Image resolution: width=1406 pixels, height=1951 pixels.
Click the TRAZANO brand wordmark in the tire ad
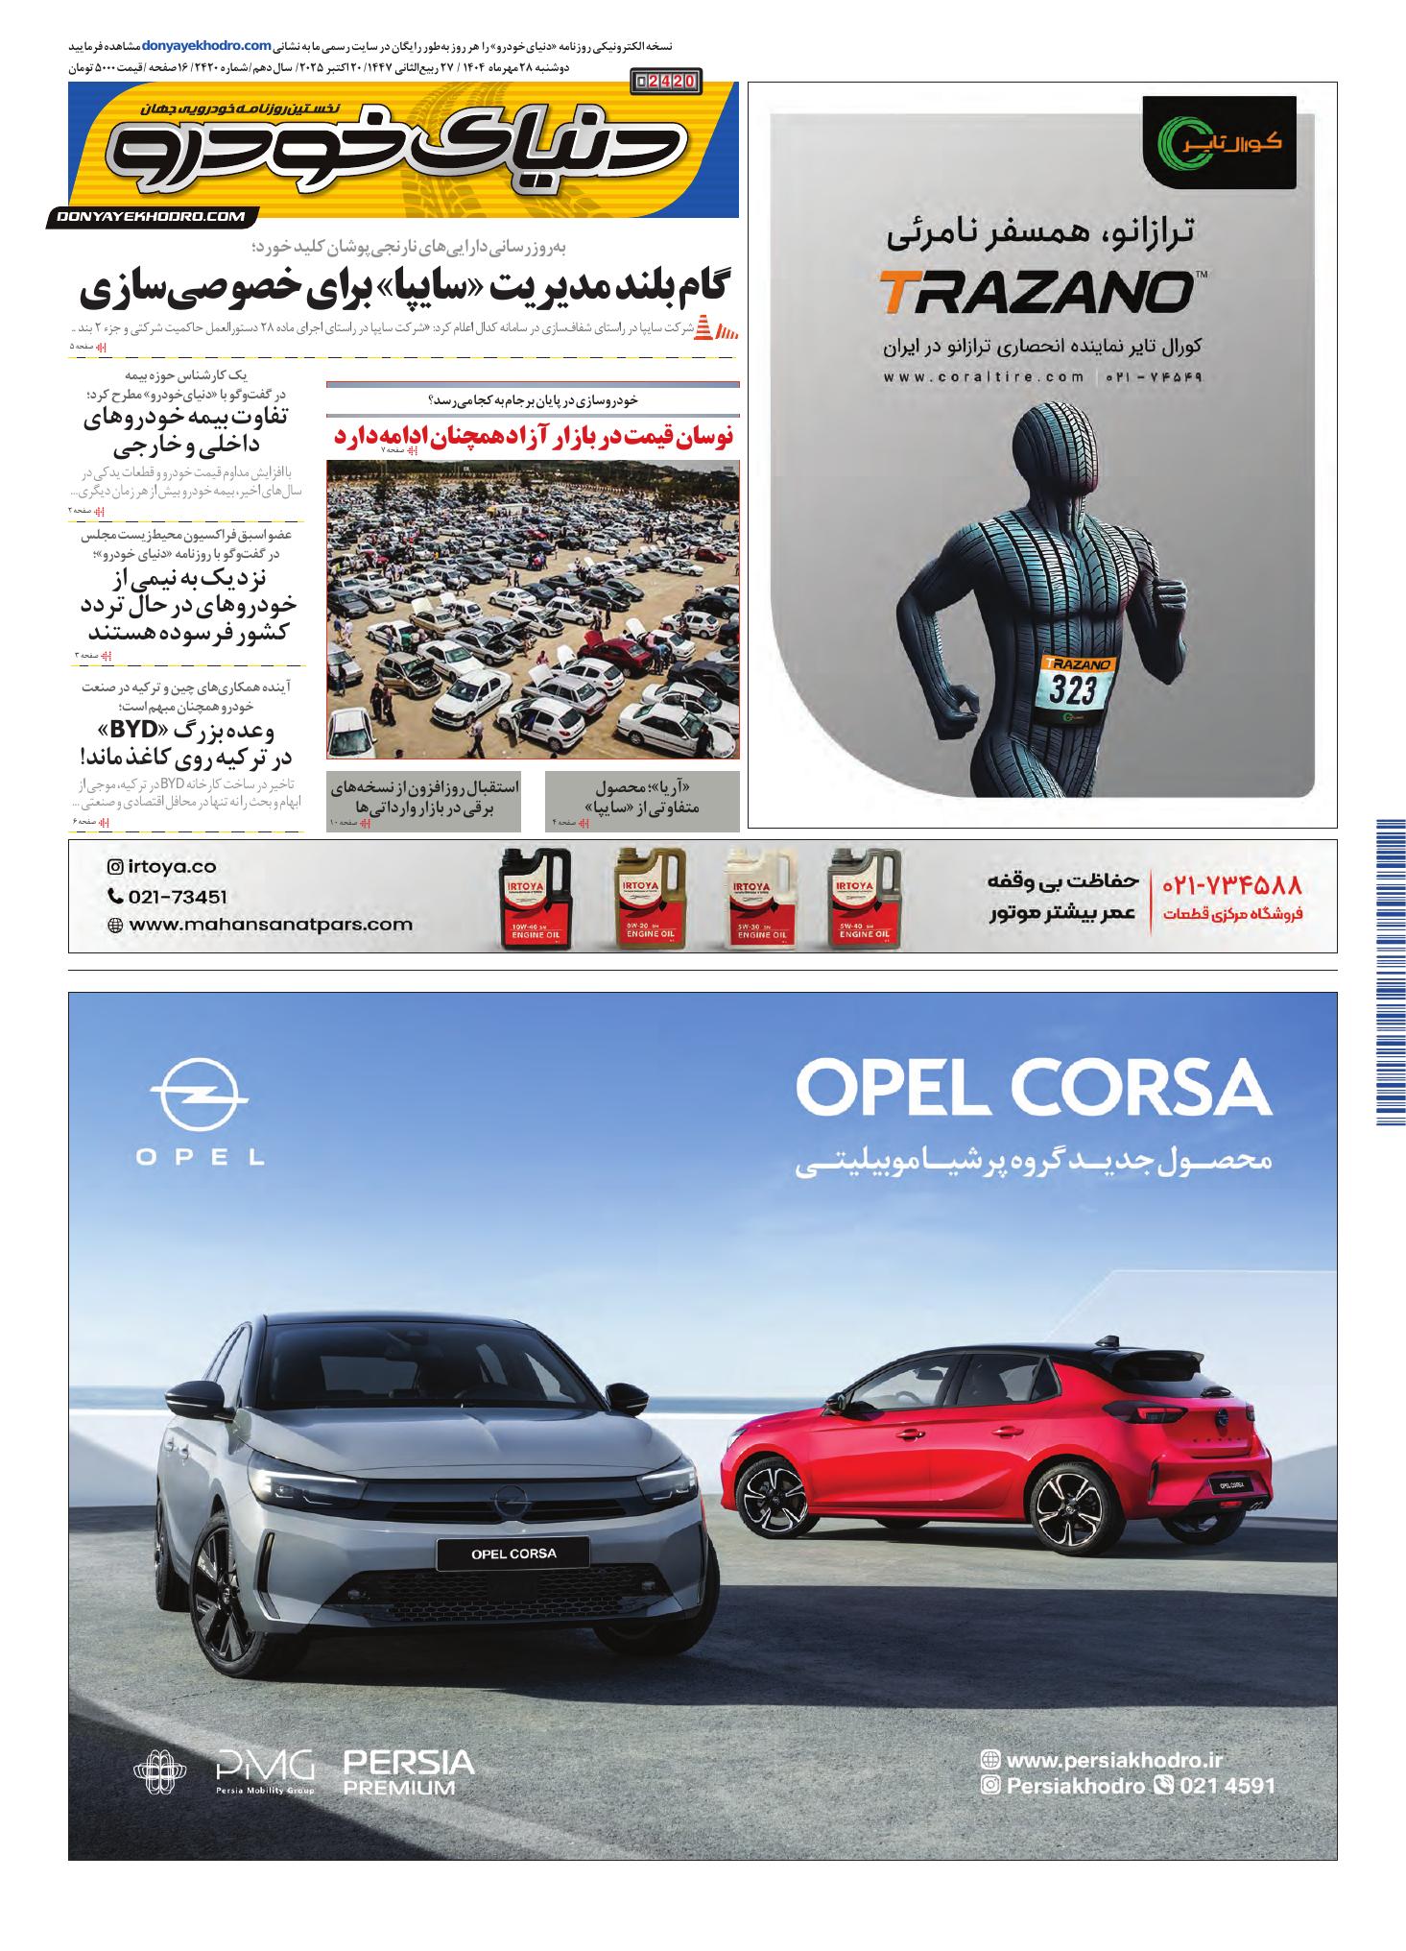[1033, 293]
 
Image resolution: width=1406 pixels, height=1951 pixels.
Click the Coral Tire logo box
[1219, 142]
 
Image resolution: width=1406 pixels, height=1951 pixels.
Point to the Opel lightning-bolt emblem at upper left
[199, 1096]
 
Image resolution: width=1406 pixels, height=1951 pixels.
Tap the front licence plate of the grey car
[512, 1553]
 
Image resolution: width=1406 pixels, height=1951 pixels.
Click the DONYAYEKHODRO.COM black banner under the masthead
[152, 218]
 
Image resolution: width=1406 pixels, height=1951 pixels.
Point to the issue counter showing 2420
[667, 82]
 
